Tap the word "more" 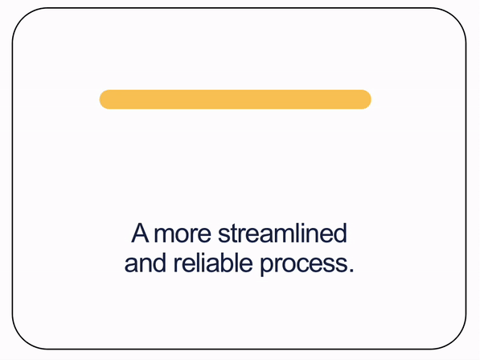pyautogui.click(x=183, y=234)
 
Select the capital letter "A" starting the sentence pyautogui.click(x=141, y=234)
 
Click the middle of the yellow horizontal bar pyautogui.click(x=235, y=99)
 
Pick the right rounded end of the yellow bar pyautogui.click(x=366, y=99)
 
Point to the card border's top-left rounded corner pyautogui.click(x=23, y=19)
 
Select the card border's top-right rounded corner pyautogui.click(x=457, y=19)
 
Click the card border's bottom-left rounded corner pyautogui.click(x=23, y=339)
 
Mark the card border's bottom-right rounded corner pyautogui.click(x=457, y=339)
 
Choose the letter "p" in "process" pyautogui.click(x=266, y=266)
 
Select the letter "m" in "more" pyautogui.click(x=164, y=236)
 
